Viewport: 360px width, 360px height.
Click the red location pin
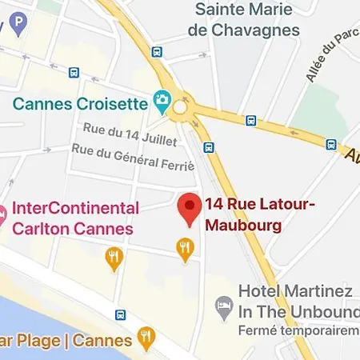tap(189, 210)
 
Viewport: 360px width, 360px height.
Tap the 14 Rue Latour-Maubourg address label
tap(260, 215)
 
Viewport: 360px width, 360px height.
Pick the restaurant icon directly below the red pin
tap(186, 250)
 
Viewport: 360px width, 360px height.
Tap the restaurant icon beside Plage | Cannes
tap(146, 338)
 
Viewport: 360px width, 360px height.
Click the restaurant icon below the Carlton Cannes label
tap(114, 258)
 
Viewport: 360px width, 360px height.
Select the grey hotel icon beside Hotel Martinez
tap(225, 306)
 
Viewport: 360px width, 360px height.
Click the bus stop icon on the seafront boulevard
tap(120, 314)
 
